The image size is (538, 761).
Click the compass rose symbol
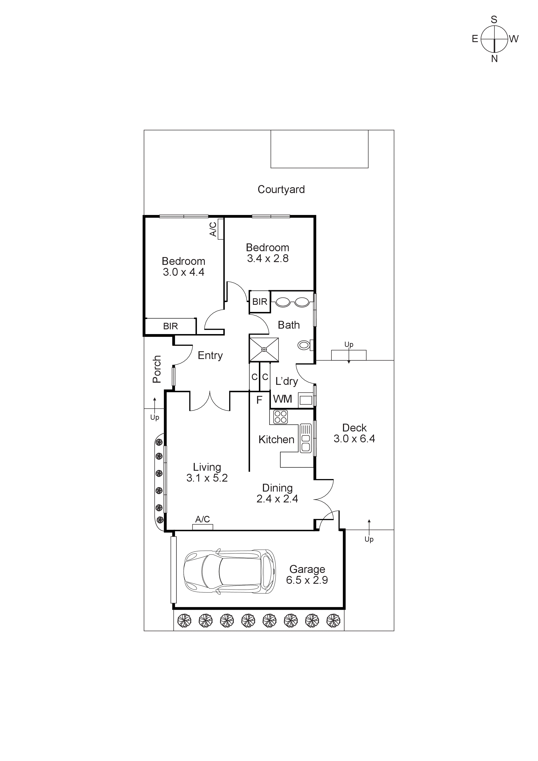point(494,39)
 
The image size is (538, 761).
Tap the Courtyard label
point(281,190)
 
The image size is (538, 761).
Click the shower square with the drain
point(264,350)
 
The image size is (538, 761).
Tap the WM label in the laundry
point(282,399)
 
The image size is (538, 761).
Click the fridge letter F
point(259,400)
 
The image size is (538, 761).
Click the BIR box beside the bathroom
point(259,302)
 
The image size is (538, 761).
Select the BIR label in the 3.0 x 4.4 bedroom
point(170,326)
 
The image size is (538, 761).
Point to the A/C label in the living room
point(203,519)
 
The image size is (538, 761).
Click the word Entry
point(210,356)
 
